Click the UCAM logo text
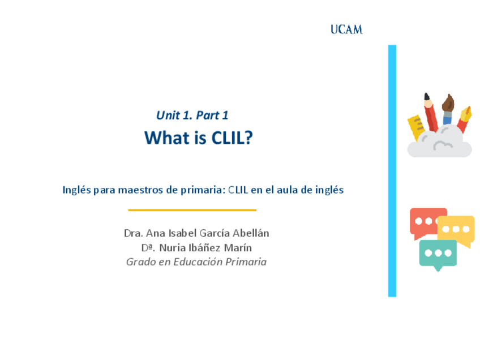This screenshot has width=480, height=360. click(346, 30)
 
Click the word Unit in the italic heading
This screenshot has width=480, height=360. click(168, 115)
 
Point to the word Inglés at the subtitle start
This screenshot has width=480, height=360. click(76, 190)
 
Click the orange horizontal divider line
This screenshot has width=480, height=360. click(192, 210)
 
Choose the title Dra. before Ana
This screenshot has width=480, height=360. click(133, 233)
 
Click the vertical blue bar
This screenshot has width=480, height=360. click(392, 170)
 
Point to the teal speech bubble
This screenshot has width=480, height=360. click(438, 254)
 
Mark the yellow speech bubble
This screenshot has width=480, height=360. click(460, 229)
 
